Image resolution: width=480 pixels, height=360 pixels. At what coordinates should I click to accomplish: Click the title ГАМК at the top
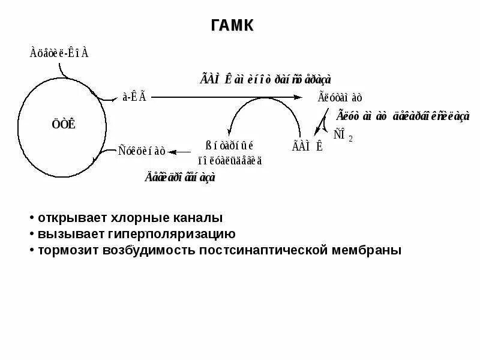click(233, 25)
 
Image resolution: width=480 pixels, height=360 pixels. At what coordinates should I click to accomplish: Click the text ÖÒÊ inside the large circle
click(63, 125)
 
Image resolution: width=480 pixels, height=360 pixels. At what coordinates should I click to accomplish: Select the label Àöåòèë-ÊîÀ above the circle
click(59, 53)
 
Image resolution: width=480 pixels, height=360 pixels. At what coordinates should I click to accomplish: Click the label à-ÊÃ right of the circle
click(134, 97)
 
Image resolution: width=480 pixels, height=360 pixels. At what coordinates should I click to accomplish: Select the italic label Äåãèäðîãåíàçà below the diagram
click(179, 177)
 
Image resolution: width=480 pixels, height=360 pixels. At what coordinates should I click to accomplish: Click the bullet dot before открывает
click(32, 218)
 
